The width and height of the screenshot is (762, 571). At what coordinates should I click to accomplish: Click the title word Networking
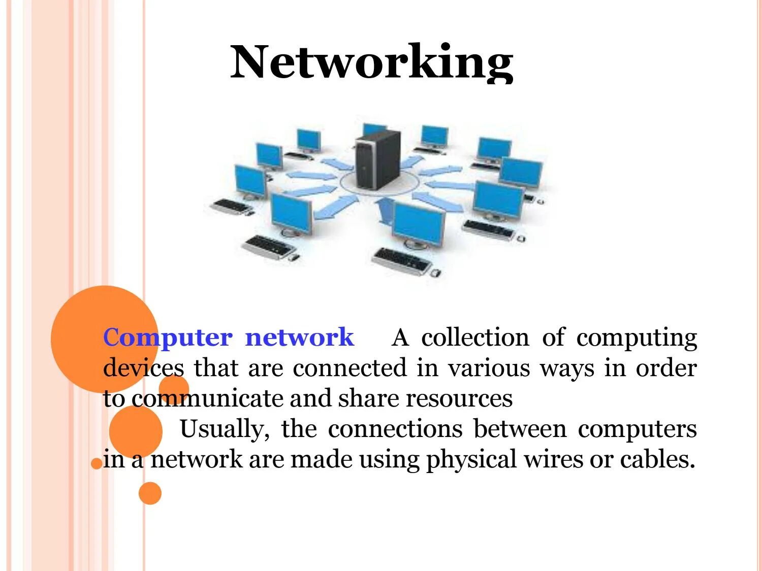coord(372,62)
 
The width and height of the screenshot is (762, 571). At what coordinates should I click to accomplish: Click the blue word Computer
coord(168,338)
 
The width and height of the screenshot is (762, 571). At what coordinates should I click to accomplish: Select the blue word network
coord(299,338)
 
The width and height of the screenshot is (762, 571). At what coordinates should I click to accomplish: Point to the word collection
coord(475,338)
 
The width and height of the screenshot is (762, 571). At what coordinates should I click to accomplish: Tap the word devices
coord(143,368)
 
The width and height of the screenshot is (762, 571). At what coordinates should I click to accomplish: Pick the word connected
coord(350,368)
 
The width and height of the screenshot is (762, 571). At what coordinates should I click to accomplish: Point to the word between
coord(520,429)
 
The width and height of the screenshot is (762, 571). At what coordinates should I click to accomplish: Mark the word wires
coord(554,459)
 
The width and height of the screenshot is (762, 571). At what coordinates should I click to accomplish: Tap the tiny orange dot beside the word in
coord(96,463)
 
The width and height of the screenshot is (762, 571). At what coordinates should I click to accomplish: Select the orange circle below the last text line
coord(150,493)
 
